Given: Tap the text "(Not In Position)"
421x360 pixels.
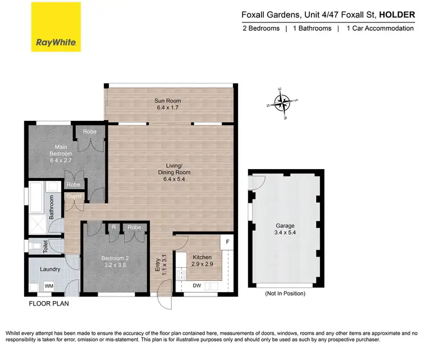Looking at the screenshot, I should pyautogui.click(x=286, y=293).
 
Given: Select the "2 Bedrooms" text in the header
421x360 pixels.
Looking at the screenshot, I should pyautogui.click(x=260, y=28).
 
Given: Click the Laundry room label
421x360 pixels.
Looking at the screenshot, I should pyautogui.click(x=50, y=269).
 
